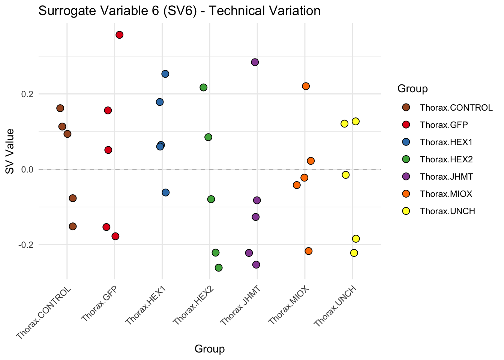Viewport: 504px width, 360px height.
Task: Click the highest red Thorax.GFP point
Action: coord(120,35)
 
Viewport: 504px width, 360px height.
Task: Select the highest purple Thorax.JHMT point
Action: coord(255,62)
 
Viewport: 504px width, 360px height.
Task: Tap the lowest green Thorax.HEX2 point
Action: coord(219,267)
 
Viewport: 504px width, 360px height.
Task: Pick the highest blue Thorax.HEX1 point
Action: coord(165,74)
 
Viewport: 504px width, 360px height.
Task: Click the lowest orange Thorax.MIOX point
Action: coord(309,251)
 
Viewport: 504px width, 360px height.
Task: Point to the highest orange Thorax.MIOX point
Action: coord(306,86)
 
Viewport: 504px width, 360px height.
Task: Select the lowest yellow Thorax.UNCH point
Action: coord(354,253)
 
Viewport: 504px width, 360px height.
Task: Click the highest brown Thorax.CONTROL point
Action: coord(60,108)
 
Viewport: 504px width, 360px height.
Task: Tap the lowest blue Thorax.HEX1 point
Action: coord(166,192)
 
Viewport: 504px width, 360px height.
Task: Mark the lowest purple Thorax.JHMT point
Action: coord(256,265)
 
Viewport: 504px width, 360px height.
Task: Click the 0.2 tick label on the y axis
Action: coord(27,94)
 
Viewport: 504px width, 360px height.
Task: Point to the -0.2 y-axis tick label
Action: coord(25,245)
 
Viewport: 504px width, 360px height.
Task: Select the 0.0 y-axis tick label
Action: coord(27,169)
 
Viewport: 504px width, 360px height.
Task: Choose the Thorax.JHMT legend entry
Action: coord(447,177)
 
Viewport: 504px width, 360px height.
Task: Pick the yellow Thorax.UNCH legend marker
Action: coord(406,211)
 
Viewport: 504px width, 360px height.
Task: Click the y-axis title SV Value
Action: coord(10,151)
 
